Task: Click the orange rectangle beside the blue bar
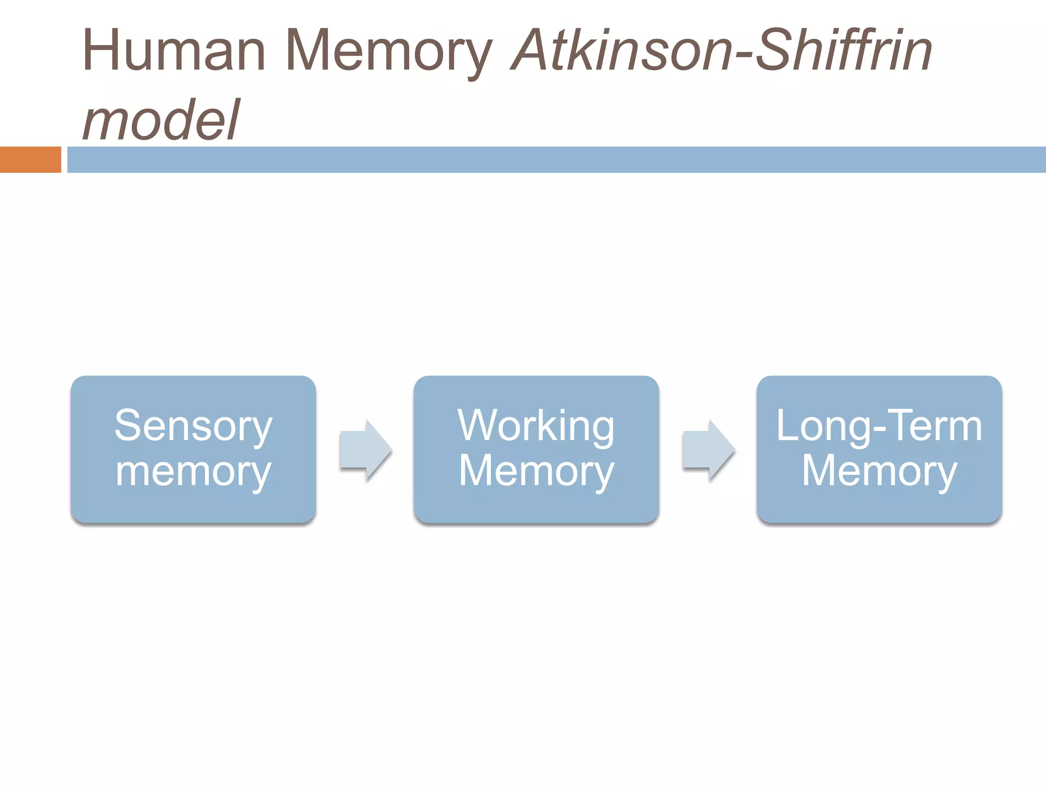pyautogui.click(x=30, y=159)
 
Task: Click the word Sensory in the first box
pyautogui.click(x=193, y=426)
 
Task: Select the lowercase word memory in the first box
pyautogui.click(x=193, y=471)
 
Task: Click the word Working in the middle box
pyautogui.click(x=536, y=426)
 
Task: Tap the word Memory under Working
pyautogui.click(x=536, y=471)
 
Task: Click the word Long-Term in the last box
pyautogui.click(x=879, y=426)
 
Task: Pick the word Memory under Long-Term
pyautogui.click(x=879, y=471)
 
